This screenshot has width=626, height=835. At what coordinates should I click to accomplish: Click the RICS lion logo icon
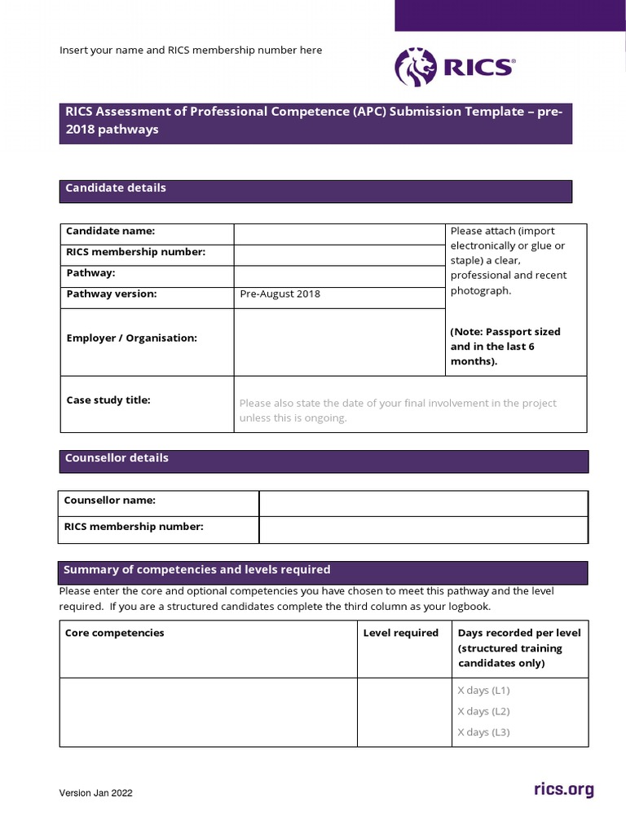pyautogui.click(x=415, y=67)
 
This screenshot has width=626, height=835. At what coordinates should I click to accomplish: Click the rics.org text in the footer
pyautogui.click(x=563, y=789)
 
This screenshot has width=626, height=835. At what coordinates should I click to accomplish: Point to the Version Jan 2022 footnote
pyautogui.click(x=95, y=793)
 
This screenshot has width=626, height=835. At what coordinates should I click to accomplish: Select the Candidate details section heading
pyautogui.click(x=116, y=188)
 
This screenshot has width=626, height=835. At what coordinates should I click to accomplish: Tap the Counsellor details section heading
pyautogui.click(x=117, y=458)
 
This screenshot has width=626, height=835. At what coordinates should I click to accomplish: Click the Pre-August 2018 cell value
pyautogui.click(x=280, y=294)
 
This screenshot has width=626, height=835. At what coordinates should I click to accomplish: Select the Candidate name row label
pyautogui.click(x=110, y=232)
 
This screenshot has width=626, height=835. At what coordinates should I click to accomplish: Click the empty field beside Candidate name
pyautogui.click(x=339, y=233)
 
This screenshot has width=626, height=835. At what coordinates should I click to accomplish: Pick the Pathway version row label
pyautogui.click(x=112, y=294)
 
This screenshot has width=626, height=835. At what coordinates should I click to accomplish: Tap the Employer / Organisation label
pyautogui.click(x=131, y=338)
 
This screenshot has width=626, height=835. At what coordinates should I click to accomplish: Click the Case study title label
pyautogui.click(x=108, y=400)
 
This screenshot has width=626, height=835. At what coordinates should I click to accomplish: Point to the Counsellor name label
pyautogui.click(x=110, y=501)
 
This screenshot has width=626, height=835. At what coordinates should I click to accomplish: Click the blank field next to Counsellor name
pyautogui.click(x=422, y=503)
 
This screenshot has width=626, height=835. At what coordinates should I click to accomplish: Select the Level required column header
pyautogui.click(x=400, y=634)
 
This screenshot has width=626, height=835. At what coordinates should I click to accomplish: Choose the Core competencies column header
pyautogui.click(x=114, y=634)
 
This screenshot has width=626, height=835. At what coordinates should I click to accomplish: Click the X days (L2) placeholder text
pyautogui.click(x=483, y=712)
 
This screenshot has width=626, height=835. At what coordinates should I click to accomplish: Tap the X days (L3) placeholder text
pyautogui.click(x=483, y=732)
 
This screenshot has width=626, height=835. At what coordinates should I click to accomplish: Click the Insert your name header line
pyautogui.click(x=191, y=51)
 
